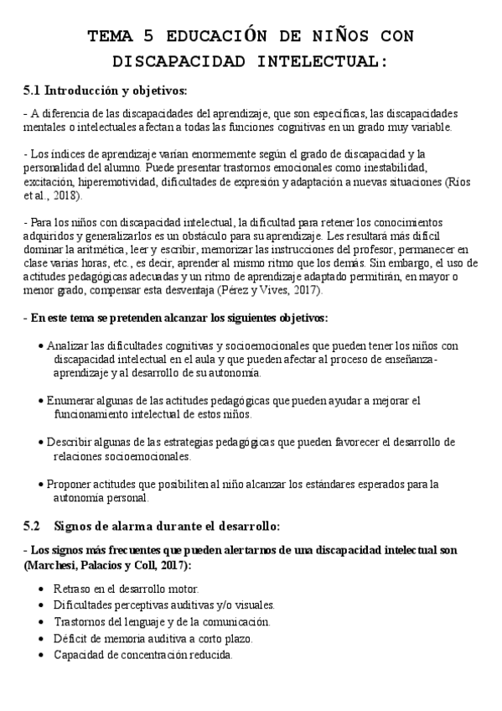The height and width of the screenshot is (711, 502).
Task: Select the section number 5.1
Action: coord(31,90)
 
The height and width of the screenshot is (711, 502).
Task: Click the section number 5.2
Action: coord(31,526)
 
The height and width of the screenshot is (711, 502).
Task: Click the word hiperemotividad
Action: coord(122,182)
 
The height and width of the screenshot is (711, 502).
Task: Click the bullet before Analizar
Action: coord(42,346)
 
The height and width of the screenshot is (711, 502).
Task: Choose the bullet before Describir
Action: coord(42,442)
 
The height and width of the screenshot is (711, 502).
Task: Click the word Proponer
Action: coord(73,484)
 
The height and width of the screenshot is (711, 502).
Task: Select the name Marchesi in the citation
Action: coord(54,566)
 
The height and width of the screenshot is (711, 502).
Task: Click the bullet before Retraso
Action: coord(42,589)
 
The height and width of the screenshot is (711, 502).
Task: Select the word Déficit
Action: coord(71,638)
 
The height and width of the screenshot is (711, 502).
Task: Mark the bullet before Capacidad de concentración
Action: coord(42,655)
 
